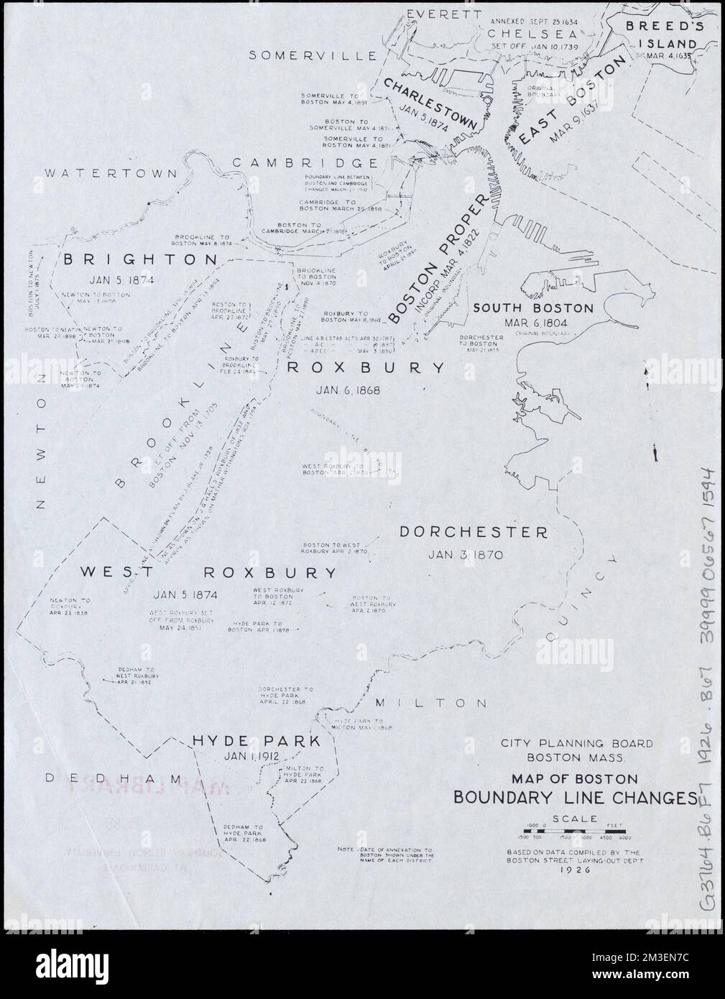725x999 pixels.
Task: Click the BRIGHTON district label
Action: coord(139,259)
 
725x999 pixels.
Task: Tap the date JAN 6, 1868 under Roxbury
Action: coord(347,390)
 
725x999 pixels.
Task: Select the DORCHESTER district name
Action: coord(473,532)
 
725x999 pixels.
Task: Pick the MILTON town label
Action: coord(430,703)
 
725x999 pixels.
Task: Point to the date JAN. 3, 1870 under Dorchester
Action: coord(467,554)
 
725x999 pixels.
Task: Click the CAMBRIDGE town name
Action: coord(305,163)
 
